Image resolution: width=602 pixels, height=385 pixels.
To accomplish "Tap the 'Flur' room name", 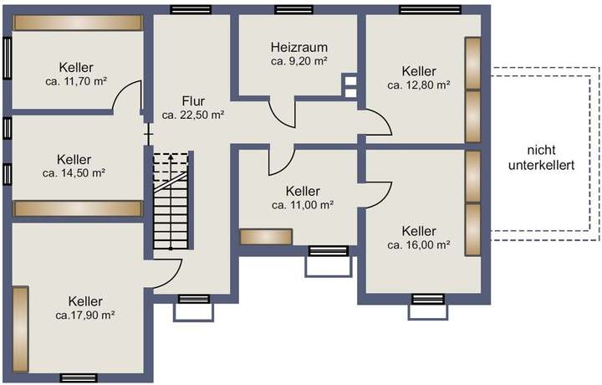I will (x=193, y=100).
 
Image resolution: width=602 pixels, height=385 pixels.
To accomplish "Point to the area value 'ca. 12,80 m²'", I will (x=419, y=85).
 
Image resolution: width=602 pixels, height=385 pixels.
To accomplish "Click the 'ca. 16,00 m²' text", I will (x=419, y=245).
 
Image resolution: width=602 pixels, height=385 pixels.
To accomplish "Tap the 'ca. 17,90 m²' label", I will (x=85, y=316).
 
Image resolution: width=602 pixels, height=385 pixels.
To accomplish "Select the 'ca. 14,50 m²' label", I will (x=74, y=173).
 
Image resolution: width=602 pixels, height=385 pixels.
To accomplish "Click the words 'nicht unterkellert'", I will (x=541, y=157).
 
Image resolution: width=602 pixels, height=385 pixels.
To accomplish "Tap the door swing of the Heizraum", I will (x=283, y=112).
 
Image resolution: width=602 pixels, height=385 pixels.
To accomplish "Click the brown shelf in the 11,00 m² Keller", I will (x=265, y=237).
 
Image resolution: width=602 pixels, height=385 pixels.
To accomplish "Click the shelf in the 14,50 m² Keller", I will (x=76, y=208).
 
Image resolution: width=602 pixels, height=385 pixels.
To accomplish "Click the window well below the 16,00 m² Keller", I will (x=427, y=311).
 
